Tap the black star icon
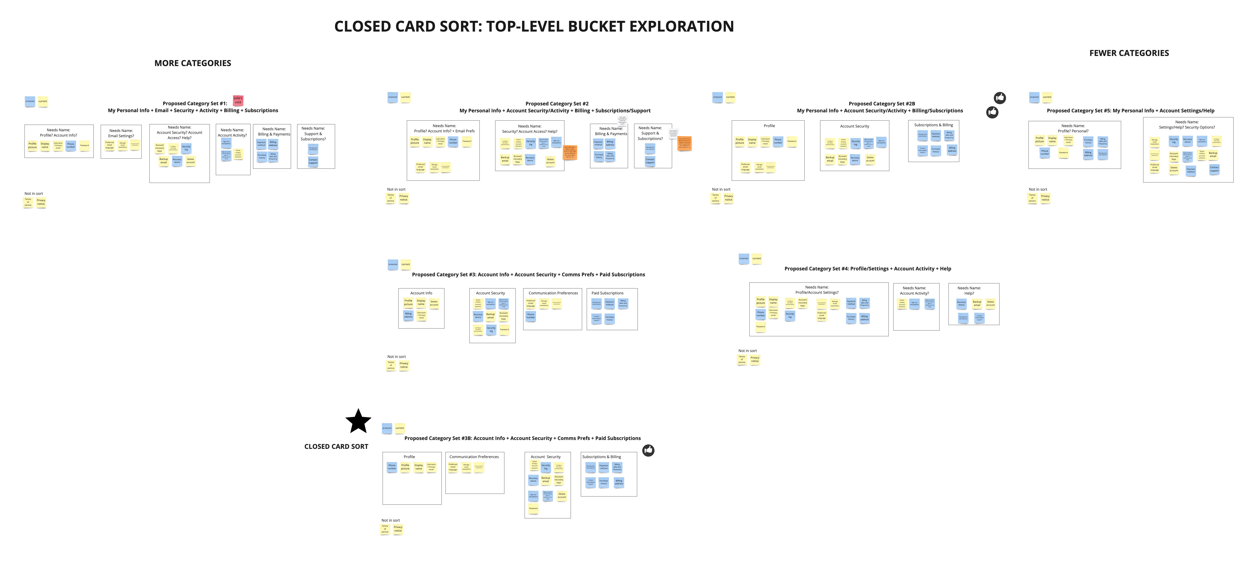[358, 421]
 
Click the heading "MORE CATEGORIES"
[193, 63]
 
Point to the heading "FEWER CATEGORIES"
[1129, 53]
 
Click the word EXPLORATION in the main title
[681, 26]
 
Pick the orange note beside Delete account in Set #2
[570, 152]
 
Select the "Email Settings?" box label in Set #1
[121, 136]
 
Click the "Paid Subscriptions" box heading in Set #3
[608, 293]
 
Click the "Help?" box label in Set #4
[969, 294]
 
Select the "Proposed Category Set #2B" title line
[882, 104]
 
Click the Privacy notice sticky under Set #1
[41, 202]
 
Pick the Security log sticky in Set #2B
[855, 143]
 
